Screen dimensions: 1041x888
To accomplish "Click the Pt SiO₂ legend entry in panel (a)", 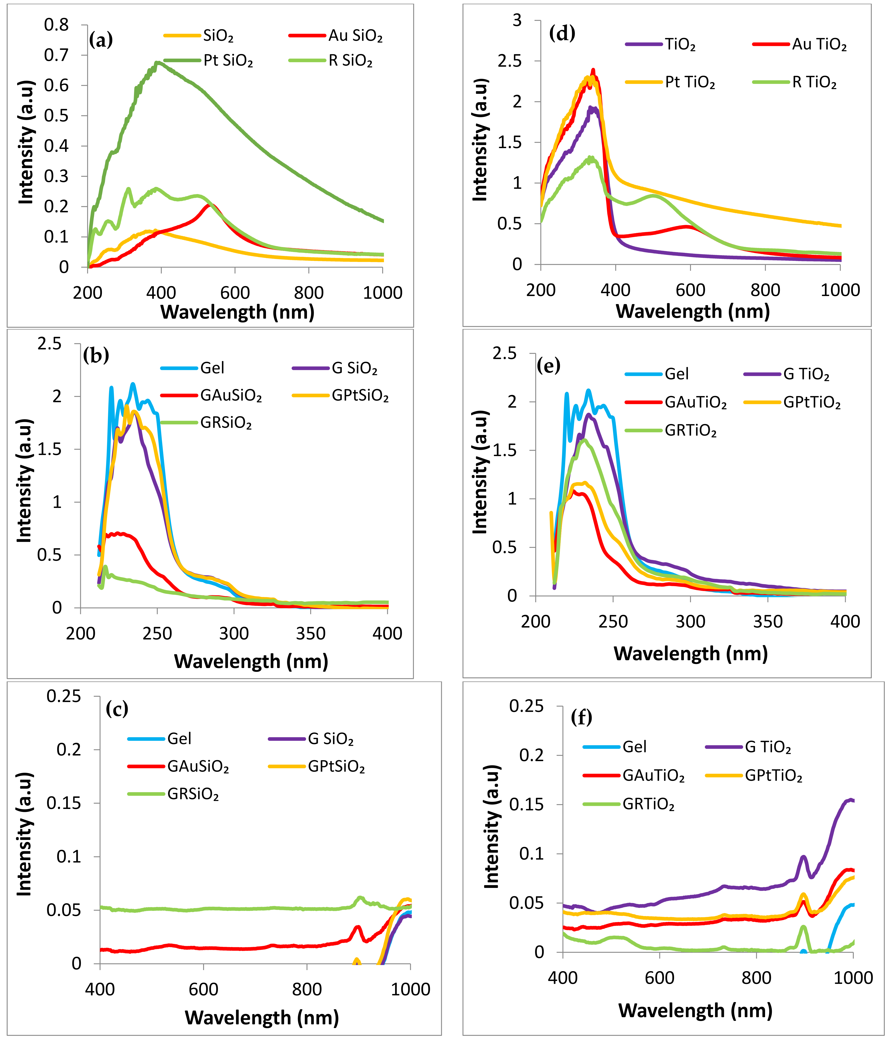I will [x=227, y=61].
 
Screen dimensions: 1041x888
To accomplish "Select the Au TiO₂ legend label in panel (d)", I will [x=819, y=45].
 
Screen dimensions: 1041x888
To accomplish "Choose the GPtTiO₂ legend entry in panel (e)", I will [x=812, y=403].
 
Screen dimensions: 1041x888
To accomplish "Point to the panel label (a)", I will [x=100, y=40].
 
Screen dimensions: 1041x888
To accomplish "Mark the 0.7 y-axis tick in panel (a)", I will [x=56, y=55].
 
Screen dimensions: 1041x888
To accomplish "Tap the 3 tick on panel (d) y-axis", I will [x=517, y=21].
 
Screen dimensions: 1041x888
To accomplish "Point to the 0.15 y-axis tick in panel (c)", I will [x=63, y=803].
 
